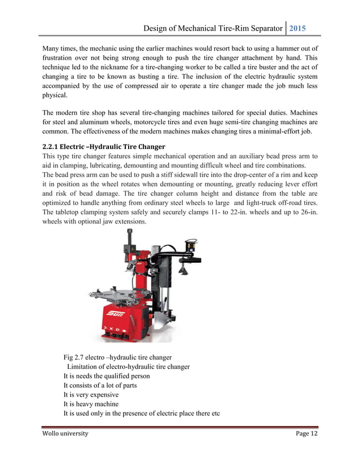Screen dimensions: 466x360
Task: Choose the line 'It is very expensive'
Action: point(91,395)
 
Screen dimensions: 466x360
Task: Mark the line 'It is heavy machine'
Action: point(91,405)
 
